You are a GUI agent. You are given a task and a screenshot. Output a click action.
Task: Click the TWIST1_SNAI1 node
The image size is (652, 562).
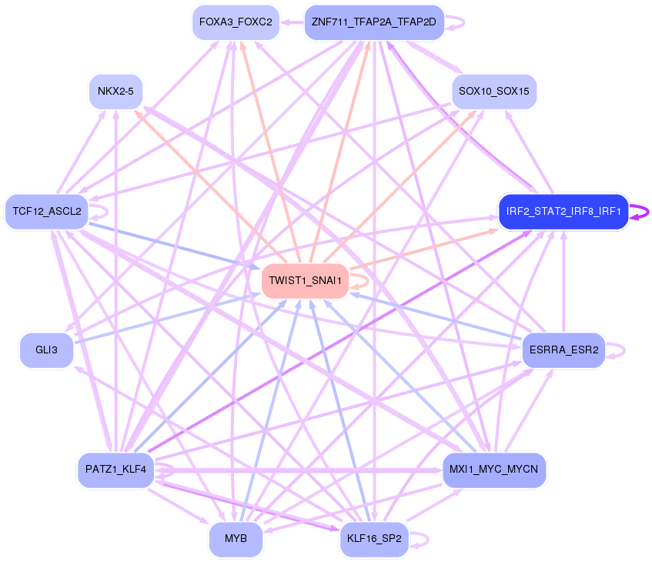coord(306,281)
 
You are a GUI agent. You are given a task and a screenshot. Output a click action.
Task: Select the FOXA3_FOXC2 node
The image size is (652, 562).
coord(236,22)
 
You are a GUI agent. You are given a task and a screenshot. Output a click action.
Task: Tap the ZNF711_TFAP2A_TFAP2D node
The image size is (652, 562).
coord(374,22)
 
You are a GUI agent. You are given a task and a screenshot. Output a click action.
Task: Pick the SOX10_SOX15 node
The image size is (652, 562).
coord(493,92)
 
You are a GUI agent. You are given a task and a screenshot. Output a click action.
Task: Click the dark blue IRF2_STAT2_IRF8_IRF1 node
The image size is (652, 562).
coord(563,212)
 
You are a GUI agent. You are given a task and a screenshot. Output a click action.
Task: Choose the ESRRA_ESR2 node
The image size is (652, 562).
coord(563,350)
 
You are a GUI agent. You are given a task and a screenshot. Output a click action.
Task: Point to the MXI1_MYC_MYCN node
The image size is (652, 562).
coord(494,469)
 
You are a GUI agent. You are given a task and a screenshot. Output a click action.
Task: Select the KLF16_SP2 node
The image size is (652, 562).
coord(373,538)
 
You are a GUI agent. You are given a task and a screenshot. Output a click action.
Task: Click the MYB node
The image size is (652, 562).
coord(236,538)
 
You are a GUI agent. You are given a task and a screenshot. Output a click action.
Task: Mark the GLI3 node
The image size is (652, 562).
coord(46,350)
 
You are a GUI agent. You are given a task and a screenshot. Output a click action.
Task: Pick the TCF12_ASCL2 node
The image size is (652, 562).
coord(47,211)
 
